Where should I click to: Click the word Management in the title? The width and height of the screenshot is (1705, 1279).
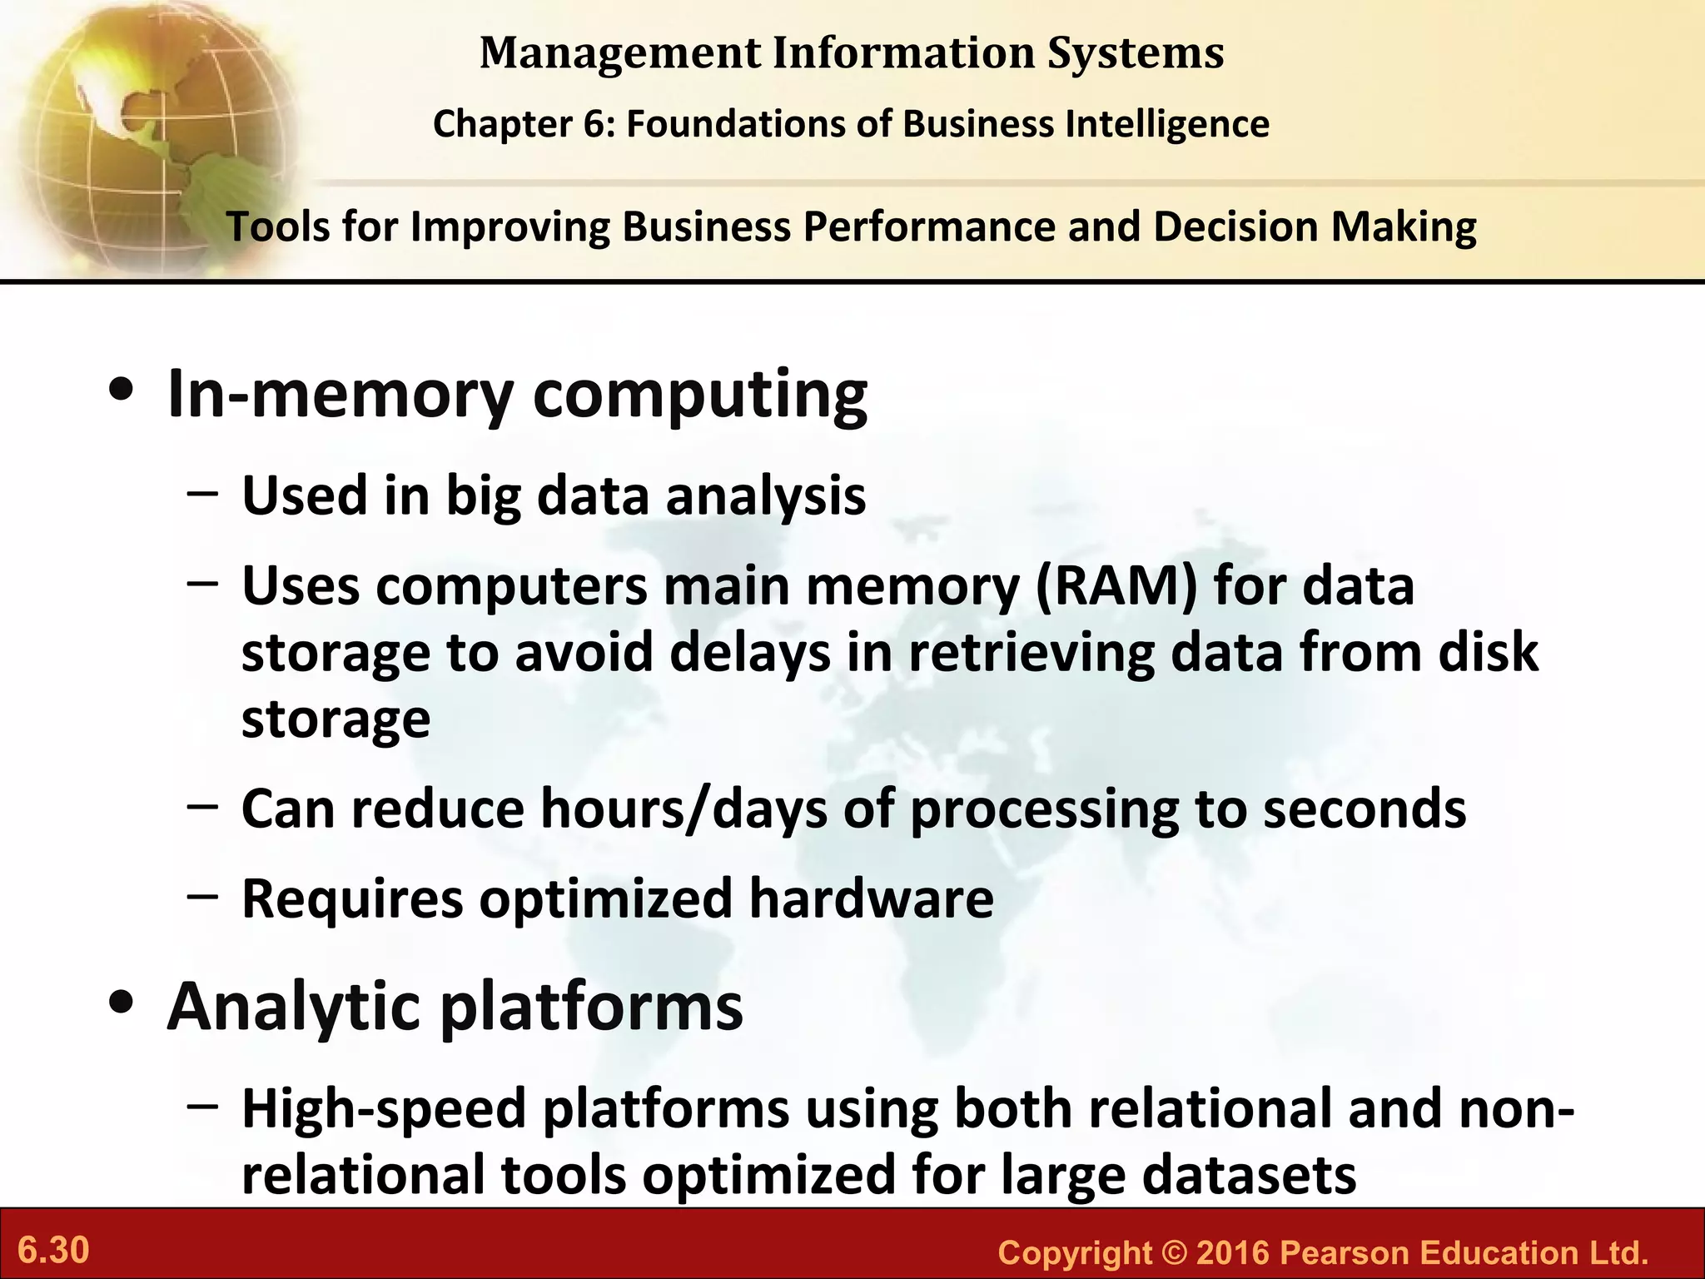[x=620, y=53]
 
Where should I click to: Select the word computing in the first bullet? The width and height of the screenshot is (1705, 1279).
[x=699, y=396]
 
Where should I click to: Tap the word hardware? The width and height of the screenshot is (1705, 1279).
[x=871, y=899]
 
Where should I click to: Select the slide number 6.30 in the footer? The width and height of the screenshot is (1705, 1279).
[x=53, y=1251]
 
